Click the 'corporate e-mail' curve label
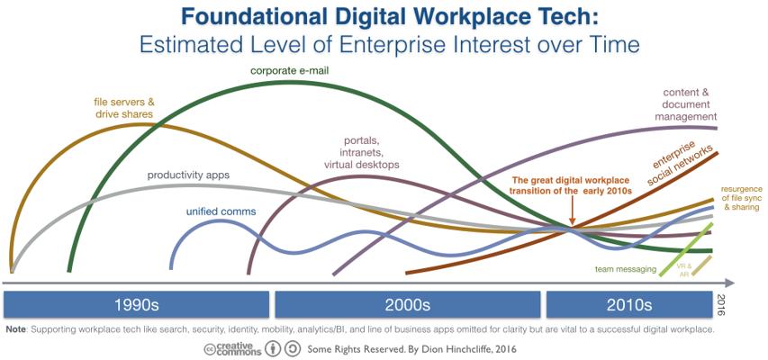click(x=290, y=71)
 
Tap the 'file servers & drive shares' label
click(x=124, y=108)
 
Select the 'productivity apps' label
click(x=188, y=175)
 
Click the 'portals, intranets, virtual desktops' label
click(x=361, y=153)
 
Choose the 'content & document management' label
click(x=686, y=104)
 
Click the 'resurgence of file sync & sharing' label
click(x=742, y=198)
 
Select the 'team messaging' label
click(x=626, y=269)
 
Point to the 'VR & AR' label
click(x=683, y=270)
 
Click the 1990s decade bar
click(x=136, y=305)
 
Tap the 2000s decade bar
click(x=408, y=305)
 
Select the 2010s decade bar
click(x=629, y=305)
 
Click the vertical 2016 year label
click(x=719, y=305)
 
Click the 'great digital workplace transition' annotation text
click(x=569, y=185)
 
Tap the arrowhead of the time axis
click(x=729, y=283)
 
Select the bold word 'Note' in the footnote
click(x=16, y=329)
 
